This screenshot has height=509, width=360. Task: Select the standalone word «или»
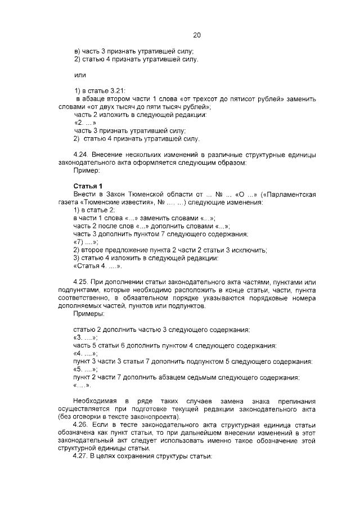(80, 75)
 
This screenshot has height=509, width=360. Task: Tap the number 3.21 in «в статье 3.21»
(118, 91)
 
